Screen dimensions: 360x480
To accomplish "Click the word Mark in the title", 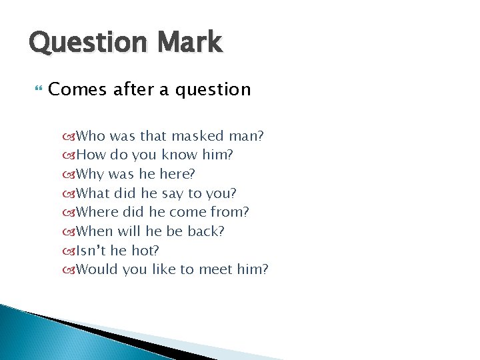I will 190,42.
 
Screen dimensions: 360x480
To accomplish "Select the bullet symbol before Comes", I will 37,89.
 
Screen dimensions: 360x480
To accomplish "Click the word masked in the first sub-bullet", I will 197,137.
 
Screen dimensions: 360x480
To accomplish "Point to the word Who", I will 91,137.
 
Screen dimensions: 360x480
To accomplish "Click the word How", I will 91,155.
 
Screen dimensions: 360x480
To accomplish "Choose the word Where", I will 96,213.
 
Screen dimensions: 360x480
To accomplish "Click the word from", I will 231,213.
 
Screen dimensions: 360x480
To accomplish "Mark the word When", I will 94,231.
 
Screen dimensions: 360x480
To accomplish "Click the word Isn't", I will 89,251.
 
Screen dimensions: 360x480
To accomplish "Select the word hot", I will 147,251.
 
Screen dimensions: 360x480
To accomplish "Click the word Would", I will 96,269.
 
